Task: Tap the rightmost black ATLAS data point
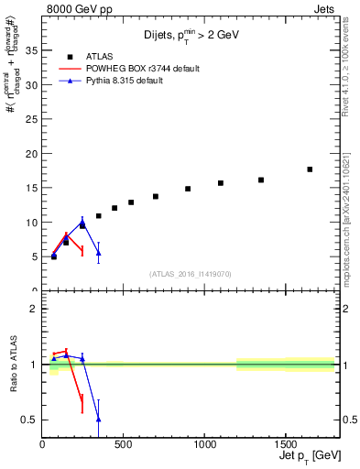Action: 310,169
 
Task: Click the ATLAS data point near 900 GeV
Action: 188,189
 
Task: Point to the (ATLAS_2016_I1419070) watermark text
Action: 191,273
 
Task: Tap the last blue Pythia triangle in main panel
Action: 98,253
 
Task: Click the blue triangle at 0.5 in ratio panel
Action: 98,419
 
